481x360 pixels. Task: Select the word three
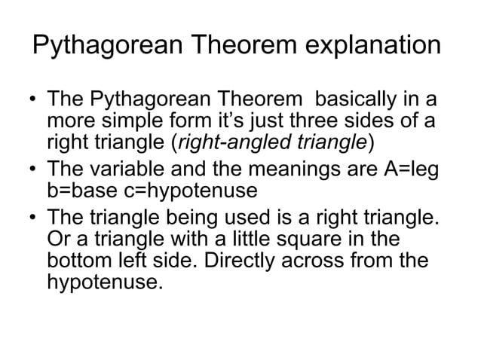[305, 121]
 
